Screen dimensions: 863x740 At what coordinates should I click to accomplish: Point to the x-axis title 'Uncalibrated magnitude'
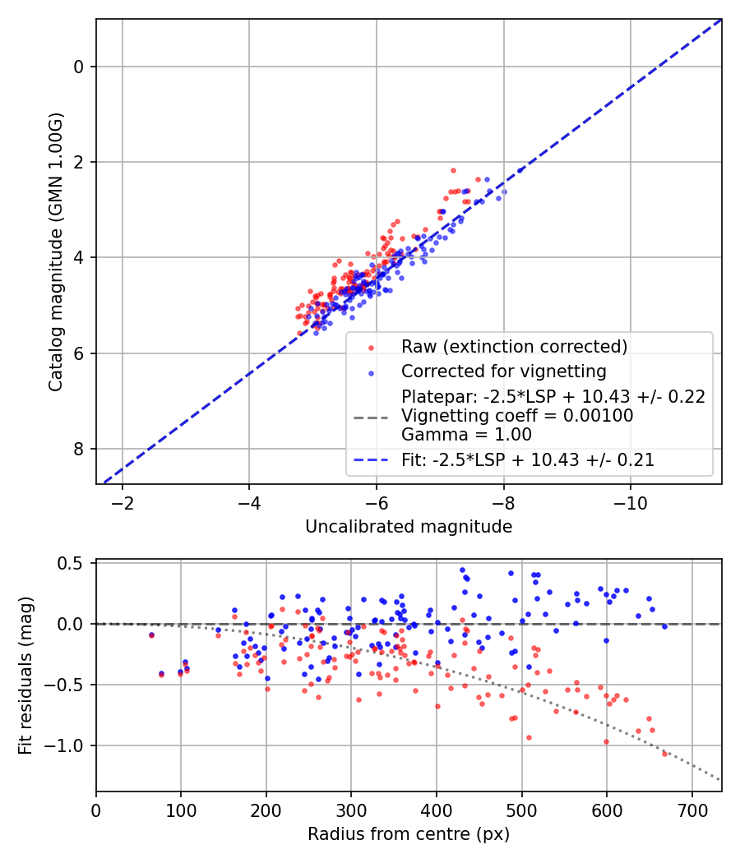[409, 527]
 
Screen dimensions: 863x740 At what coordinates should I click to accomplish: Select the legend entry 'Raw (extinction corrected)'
[514, 347]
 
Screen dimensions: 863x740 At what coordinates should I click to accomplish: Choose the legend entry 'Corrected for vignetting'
[503, 371]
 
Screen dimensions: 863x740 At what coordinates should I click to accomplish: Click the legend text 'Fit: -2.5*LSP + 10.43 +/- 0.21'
[528, 460]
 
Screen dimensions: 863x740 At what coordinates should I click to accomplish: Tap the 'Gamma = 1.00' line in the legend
[466, 435]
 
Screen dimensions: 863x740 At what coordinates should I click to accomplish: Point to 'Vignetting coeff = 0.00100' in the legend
[517, 416]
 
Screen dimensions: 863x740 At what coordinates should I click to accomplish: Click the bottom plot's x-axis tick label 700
[691, 809]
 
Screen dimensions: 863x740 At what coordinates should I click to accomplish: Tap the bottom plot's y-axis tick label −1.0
[72, 745]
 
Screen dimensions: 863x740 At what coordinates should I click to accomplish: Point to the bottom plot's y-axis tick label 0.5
[76, 563]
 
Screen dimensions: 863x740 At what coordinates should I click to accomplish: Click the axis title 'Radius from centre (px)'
[409, 834]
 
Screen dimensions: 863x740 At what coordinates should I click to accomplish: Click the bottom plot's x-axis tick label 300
[351, 809]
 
